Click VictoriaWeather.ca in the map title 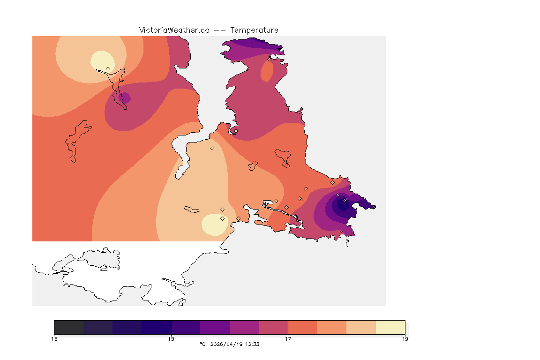(174, 30)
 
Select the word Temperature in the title (254, 30)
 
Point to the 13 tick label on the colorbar (54, 339)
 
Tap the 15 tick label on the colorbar (171, 339)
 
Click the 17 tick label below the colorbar (288, 339)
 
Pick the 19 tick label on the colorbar (405, 339)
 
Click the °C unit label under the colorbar (202, 344)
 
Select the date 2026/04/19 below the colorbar (226, 344)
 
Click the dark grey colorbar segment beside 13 (68, 327)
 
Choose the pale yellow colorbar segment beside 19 (390, 327)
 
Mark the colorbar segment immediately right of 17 (302, 327)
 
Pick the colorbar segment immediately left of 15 (157, 327)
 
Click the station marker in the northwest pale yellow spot (108, 68)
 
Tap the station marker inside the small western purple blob (122, 95)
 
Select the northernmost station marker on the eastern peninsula (269, 59)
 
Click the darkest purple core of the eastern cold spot (340, 204)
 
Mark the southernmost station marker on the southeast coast (341, 231)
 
